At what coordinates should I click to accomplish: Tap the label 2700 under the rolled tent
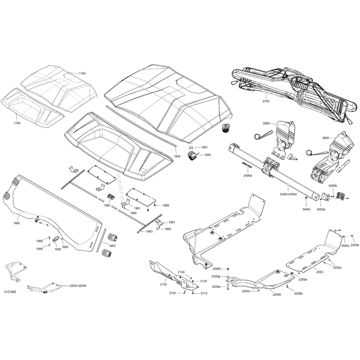pyautogui.click(x=266, y=102)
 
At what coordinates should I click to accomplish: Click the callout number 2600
pyautogui.click(x=325, y=138)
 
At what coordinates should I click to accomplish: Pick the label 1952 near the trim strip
pyautogui.click(x=177, y=156)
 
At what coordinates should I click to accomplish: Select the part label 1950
pyautogui.click(x=207, y=155)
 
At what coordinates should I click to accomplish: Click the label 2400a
pyautogui.click(x=248, y=176)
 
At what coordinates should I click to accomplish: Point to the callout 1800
pyautogui.click(x=17, y=223)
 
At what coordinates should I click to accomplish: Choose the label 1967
pyautogui.click(x=107, y=205)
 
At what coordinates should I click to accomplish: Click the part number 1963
pyautogui.click(x=149, y=231)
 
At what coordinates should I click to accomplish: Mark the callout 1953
pyautogui.click(x=112, y=245)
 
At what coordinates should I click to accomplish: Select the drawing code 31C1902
pyautogui.click(x=11, y=291)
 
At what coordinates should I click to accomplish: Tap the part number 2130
pyautogui.click(x=181, y=272)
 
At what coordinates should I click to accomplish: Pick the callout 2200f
pyautogui.click(x=216, y=269)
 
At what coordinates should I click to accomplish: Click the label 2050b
pyautogui.click(x=354, y=245)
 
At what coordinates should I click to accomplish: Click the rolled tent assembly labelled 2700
pyautogui.click(x=288, y=84)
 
